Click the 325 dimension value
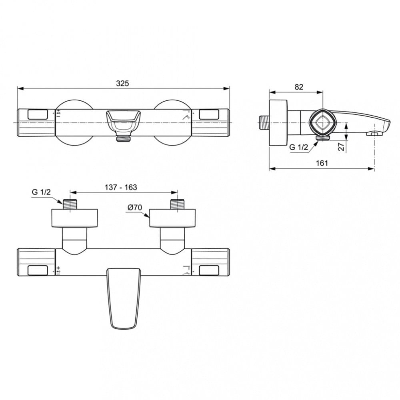tap(122, 84)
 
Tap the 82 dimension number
tap(299, 87)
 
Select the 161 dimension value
tap(322, 163)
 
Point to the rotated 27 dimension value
tap(341, 146)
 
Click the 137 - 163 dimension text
tap(121, 187)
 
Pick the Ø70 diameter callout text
tap(135, 207)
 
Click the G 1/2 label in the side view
tap(299, 147)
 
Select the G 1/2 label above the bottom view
tap(41, 192)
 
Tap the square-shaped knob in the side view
tap(323, 123)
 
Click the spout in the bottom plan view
tap(124, 298)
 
